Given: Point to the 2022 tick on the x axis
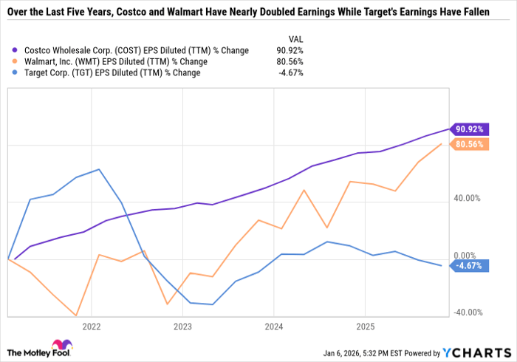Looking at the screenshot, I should [x=92, y=326].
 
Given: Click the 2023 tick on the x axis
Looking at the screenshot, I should [x=182, y=326].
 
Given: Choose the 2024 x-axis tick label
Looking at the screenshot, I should [x=274, y=326].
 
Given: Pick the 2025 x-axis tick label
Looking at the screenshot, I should [x=365, y=326].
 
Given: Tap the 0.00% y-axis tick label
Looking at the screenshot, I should [x=468, y=254].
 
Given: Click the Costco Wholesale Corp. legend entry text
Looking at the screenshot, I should [x=133, y=50].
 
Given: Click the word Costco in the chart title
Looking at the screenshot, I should [x=132, y=10].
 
